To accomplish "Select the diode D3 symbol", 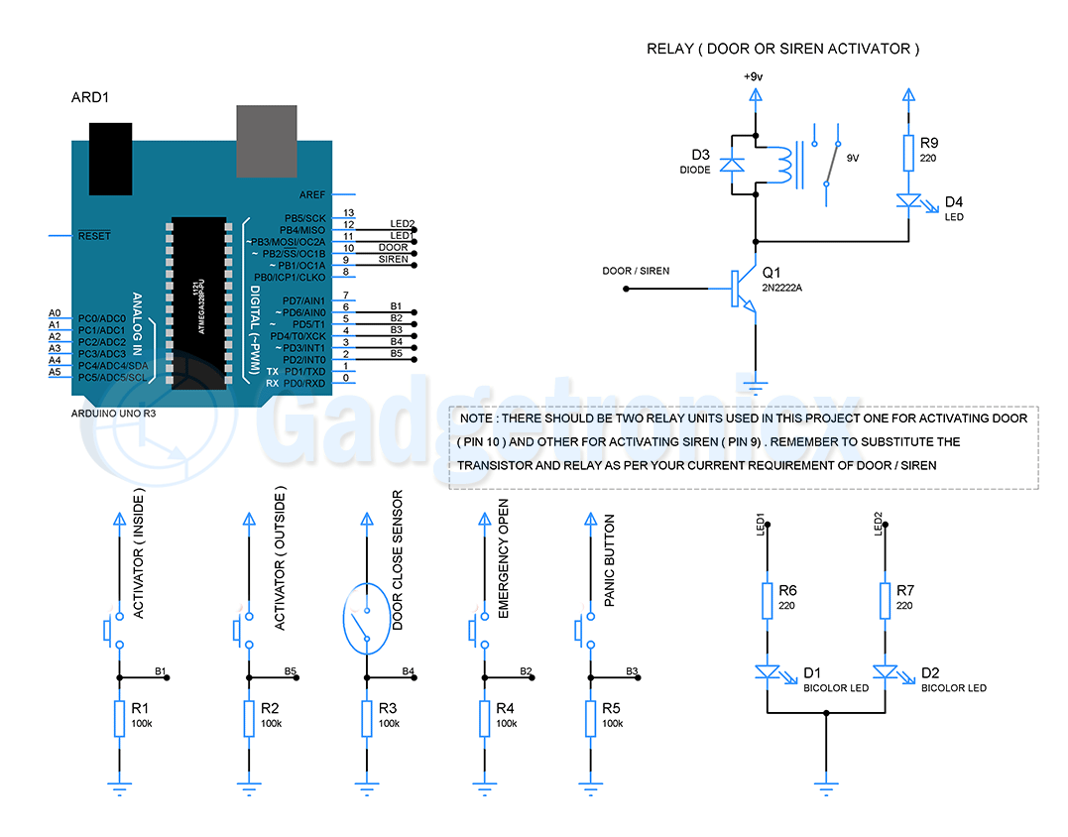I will coord(732,165).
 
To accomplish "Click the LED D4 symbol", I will coord(908,201).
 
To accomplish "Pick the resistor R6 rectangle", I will coord(767,600).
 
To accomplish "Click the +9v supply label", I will coord(755,76).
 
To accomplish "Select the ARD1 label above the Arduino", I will coord(90,97).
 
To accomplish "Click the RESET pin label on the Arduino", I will coord(94,236).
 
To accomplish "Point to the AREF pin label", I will coord(312,195).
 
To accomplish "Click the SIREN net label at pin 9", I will coord(393,259).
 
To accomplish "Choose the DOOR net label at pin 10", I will coord(393,247).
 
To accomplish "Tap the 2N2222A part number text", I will coord(784,287).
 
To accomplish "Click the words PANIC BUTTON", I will coord(610,560).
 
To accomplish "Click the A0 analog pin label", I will coord(55,313).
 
